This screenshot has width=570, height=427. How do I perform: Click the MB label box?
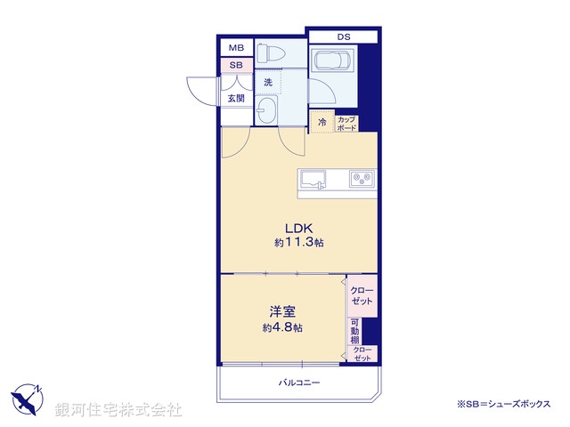[x=236, y=48]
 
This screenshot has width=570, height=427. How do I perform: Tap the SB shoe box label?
[x=236, y=65]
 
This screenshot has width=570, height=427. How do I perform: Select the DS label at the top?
[x=343, y=36]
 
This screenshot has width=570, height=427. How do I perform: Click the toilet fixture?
[x=269, y=53]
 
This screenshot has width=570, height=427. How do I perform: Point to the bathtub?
[x=333, y=63]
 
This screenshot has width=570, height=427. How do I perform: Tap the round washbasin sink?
[x=266, y=112]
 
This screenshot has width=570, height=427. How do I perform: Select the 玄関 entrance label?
[x=236, y=99]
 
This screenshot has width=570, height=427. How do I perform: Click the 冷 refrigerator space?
[x=321, y=123]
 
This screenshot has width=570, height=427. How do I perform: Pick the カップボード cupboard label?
[x=346, y=124]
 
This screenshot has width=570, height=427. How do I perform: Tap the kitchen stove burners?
[x=362, y=179]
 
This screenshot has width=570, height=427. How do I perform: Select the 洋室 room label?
[x=282, y=311]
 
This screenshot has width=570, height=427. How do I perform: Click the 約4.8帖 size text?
[x=282, y=327]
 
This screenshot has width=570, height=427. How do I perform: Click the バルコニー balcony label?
[x=298, y=383]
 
